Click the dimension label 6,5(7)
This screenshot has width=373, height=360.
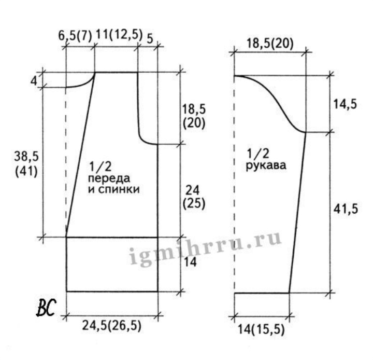coord(75,36)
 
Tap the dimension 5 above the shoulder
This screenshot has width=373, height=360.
coord(150,38)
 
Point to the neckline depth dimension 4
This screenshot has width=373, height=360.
coord(34,81)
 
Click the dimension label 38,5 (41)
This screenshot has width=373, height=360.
coord(26,164)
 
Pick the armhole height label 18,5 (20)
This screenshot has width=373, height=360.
coord(194,117)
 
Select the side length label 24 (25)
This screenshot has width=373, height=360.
coord(194,197)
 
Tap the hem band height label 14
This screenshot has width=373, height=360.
coord(190,262)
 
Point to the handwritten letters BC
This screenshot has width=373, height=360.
coord(47,308)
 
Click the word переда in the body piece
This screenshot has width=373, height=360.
coord(109,178)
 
